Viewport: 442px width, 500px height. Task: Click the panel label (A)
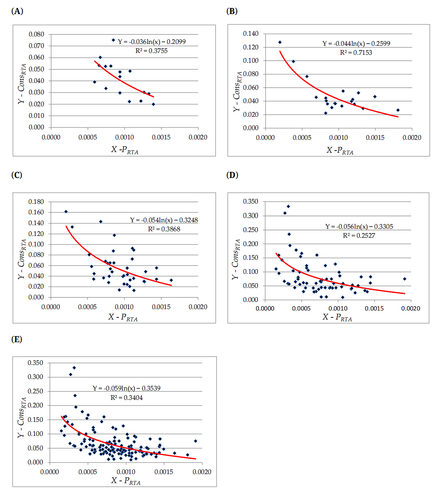17,11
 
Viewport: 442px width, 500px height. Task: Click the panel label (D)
232,175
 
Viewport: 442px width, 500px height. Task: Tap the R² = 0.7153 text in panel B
356,53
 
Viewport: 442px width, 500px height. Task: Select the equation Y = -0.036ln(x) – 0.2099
152,42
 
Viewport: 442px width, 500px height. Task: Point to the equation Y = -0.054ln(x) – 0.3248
164,220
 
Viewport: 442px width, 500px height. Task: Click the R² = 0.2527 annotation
359,236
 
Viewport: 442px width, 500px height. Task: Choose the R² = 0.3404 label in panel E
126,398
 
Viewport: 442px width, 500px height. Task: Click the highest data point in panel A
113,40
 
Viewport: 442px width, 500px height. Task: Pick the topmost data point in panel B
280,43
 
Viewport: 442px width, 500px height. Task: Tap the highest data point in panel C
66,211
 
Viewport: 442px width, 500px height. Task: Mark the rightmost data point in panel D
405,279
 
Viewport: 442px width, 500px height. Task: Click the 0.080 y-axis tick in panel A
36,34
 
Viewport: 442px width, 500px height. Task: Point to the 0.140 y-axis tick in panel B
251,34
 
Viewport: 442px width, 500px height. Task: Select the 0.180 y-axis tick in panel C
36,202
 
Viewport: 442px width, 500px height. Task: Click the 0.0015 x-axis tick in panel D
374,308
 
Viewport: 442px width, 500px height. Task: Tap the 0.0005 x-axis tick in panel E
88,472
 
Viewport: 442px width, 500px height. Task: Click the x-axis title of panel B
340,150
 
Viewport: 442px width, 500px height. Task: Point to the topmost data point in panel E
74,368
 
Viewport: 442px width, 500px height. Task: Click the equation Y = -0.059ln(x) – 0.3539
126,388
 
